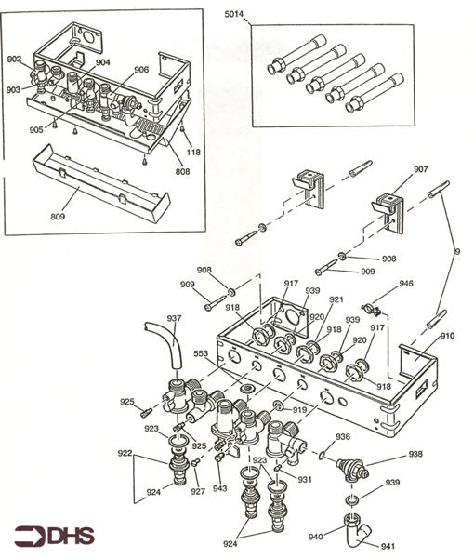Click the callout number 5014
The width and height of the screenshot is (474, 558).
[x=233, y=14]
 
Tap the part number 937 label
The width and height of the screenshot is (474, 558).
[x=174, y=318]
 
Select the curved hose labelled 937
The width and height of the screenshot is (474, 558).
[x=166, y=344]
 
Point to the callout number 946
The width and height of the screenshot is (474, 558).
[x=406, y=284]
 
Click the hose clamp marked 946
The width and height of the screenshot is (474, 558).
[x=371, y=310]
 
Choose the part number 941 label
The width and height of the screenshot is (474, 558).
[x=388, y=546]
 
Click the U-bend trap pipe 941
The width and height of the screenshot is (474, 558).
[x=358, y=531]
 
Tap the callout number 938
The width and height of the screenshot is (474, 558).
[x=415, y=454]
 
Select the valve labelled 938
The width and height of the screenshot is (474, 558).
[x=352, y=470]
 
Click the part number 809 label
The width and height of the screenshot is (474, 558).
[x=58, y=216]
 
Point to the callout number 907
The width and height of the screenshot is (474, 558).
[x=420, y=169]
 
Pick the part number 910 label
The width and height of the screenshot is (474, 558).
[x=447, y=336]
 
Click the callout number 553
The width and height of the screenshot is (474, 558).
[x=201, y=353]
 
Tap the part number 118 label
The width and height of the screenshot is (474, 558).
[x=193, y=152]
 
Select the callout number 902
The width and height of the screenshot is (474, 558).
[x=14, y=60]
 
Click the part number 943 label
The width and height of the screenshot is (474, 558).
[x=219, y=488]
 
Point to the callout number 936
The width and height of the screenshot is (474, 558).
[x=343, y=437]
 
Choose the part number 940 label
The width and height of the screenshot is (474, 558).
[x=316, y=537]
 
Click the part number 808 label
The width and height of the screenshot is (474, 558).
[x=182, y=171]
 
